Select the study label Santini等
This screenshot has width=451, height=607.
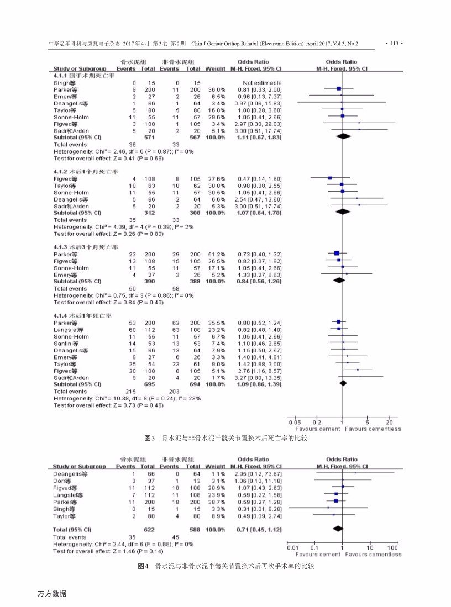click(x=66, y=344)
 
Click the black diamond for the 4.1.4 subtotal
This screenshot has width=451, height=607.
click(x=343, y=383)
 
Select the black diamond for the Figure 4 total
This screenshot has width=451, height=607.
click(x=337, y=530)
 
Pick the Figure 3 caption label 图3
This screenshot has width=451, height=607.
click(x=149, y=438)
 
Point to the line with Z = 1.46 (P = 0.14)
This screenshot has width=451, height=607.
click(x=108, y=551)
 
